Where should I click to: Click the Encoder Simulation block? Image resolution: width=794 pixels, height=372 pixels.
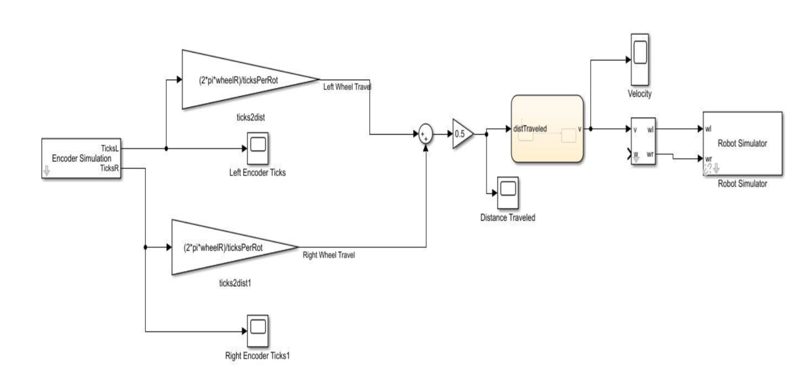(81, 158)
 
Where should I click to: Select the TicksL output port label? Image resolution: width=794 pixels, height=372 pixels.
(109, 148)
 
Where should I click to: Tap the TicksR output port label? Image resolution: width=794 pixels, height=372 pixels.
(109, 168)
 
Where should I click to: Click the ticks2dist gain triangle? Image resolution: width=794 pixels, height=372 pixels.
(238, 80)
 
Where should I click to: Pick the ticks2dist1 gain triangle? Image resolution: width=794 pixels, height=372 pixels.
(224, 247)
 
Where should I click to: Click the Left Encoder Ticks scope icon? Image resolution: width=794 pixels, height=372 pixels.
(258, 148)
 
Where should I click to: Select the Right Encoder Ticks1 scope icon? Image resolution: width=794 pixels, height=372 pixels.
(258, 331)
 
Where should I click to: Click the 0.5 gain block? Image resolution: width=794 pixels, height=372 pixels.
(461, 134)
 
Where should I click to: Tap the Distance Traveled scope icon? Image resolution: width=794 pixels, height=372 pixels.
(508, 192)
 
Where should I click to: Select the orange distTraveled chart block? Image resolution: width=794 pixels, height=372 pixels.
(547, 129)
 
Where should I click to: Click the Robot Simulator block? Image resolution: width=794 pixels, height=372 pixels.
(742, 144)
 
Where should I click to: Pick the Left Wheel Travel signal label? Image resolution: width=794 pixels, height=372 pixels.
(347, 87)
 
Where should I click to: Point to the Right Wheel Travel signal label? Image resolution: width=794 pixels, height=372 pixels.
(328, 255)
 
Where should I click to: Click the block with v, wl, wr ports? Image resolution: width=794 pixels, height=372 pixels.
(643, 141)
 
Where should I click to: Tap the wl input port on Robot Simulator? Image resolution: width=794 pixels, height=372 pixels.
(708, 129)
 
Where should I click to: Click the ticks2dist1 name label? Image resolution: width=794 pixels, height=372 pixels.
(235, 284)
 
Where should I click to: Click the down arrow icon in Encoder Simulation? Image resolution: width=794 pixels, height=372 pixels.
(47, 171)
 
